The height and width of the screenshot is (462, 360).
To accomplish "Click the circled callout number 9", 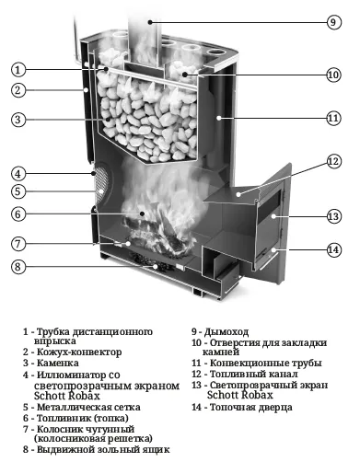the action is point(333,22).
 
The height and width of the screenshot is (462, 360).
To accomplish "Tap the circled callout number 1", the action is point(18,70).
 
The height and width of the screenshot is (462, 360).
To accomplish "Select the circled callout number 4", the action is point(18,174).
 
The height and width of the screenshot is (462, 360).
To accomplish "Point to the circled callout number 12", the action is point(333,161).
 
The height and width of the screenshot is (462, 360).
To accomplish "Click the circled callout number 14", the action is point(333,249).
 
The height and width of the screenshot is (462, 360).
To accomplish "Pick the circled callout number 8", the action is point(18,266).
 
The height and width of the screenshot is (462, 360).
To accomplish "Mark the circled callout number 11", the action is point(333,119).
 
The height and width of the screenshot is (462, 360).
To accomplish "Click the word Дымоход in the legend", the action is point(226,331).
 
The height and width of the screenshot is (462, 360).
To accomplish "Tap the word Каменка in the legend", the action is point(58,363).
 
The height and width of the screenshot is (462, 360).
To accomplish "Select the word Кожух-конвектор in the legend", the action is point(79,352).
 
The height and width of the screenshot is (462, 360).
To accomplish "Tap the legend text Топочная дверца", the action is point(251,408).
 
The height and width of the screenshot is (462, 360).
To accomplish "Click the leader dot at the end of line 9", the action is point(150,22).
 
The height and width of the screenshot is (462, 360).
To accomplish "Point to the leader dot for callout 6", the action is point(142,214).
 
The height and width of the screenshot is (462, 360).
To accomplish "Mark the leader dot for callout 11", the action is point(218,118).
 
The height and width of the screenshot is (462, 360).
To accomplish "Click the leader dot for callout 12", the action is point(238,194).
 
